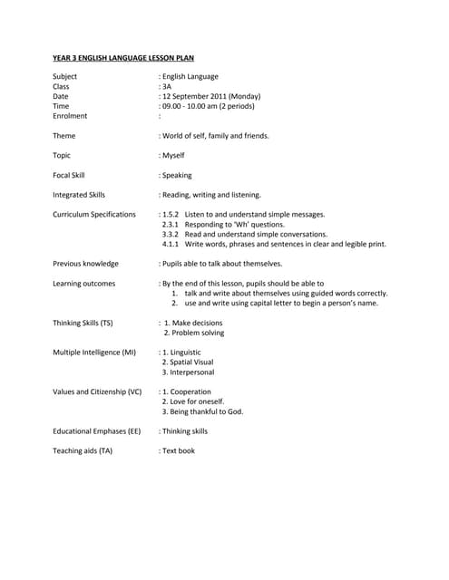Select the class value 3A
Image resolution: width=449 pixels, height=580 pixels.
[x=167, y=86]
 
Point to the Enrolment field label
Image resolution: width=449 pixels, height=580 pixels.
[x=70, y=116]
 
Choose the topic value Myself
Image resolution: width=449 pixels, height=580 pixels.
[x=173, y=156]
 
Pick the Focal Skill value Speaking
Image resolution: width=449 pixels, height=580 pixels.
[x=177, y=176]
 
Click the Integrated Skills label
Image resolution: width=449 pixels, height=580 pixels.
[x=79, y=195]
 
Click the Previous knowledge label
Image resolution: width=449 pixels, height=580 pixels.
[x=85, y=264]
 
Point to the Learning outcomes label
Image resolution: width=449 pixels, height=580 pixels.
[x=83, y=284]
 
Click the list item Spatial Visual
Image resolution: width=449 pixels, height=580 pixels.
[x=190, y=362]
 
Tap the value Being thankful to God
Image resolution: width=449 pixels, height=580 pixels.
[x=205, y=411]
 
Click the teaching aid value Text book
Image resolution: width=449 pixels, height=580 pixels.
[x=179, y=450]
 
